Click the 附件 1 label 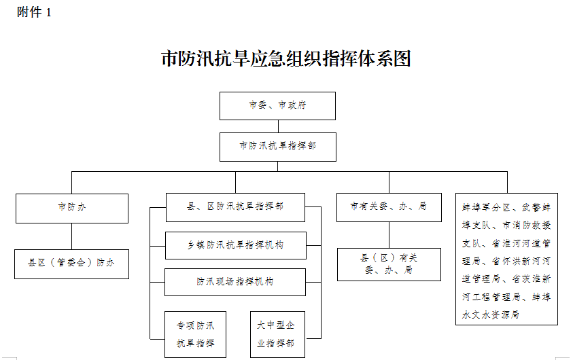click(33, 12)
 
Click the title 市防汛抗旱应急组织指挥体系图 click(286, 58)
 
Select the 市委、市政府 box click(277, 106)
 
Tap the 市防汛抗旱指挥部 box click(278, 147)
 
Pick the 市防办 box click(72, 208)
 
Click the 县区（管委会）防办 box click(71, 264)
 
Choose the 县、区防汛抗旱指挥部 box click(235, 207)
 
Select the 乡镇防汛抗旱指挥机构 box click(236, 245)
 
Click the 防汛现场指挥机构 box click(235, 282)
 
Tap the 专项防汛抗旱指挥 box click(195, 334)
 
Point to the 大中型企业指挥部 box click(277, 334)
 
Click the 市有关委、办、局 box click(389, 207)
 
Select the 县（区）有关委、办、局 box click(389, 264)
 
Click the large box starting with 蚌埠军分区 click(506, 259)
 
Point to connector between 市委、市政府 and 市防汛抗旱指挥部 click(278, 126)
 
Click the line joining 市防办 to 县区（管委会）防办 click(71, 236)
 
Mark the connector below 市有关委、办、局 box click(389, 235)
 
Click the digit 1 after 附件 click(48, 13)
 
